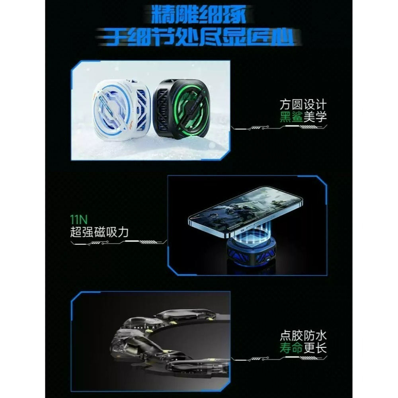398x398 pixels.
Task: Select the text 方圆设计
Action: pyautogui.click(x=303, y=105)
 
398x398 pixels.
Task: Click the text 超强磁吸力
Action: pyautogui.click(x=99, y=232)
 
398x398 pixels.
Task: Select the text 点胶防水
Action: pyautogui.click(x=303, y=335)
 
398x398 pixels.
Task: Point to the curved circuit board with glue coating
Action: pyautogui.click(x=167, y=342)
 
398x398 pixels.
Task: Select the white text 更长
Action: pyautogui.click(x=315, y=348)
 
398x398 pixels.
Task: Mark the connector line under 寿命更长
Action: pyautogui.click(x=279, y=359)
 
